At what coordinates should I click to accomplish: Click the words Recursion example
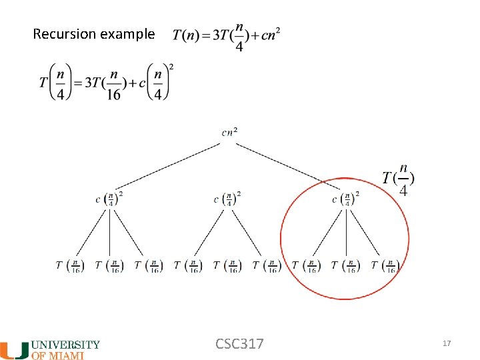93,33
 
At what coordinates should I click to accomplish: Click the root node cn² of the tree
229,133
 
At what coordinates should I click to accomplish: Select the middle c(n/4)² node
228,198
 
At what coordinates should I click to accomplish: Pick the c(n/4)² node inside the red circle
346,198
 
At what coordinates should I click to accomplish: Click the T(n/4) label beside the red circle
399,179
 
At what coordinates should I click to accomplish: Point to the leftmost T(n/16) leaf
70,265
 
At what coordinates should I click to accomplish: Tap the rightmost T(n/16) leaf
385,265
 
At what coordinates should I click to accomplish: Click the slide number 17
447,343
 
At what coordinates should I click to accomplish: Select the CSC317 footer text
239,343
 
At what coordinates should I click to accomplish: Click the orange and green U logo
15,349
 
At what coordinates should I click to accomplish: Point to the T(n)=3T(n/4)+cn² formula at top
227,36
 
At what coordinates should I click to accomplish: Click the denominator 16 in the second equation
114,95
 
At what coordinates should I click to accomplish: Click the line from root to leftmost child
170,164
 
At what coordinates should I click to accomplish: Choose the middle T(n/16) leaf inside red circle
346,265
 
